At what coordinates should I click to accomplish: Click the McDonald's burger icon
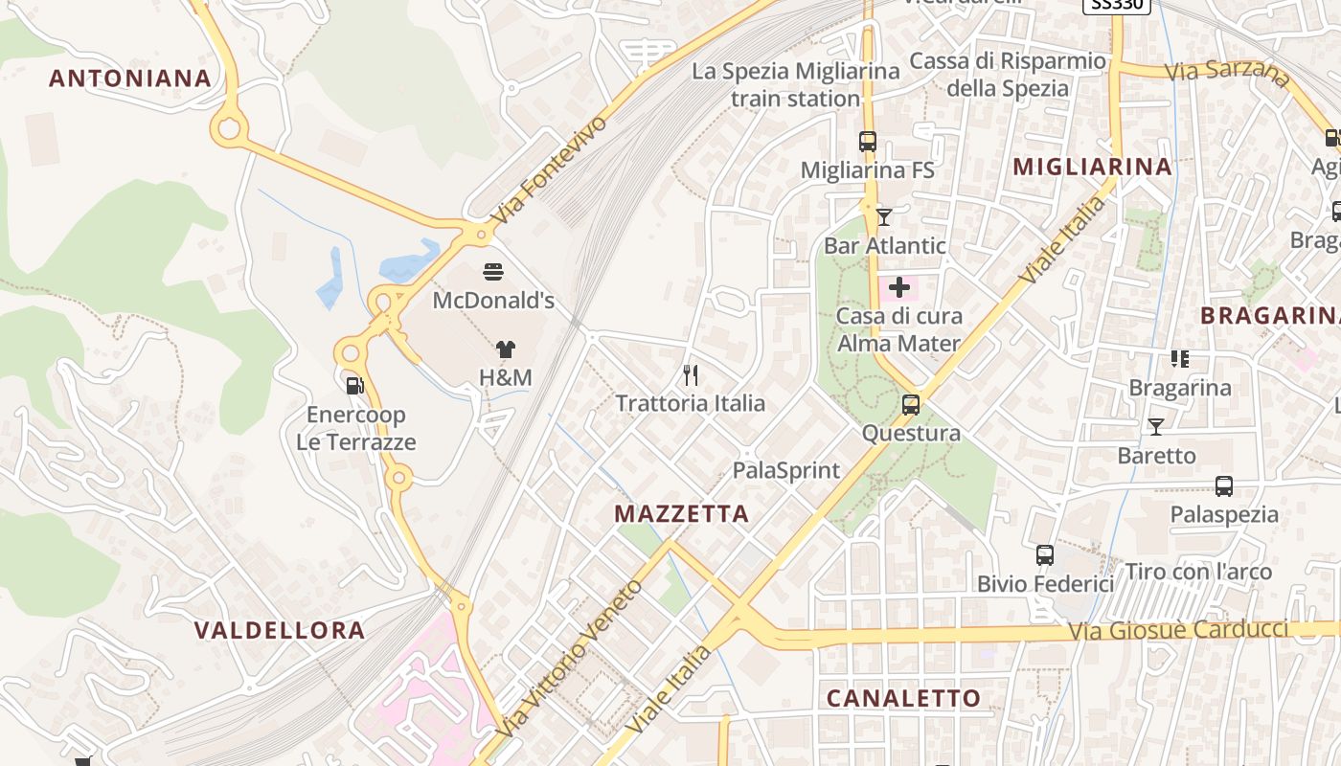(493, 272)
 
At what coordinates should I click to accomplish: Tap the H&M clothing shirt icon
(505, 350)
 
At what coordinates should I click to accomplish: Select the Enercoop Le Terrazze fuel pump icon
(354, 386)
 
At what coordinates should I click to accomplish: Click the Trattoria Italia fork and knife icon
(691, 374)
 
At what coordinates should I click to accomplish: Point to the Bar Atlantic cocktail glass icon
(883, 217)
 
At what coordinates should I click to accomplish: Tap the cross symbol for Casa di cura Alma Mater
(899, 286)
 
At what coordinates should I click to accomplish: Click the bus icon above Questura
(911, 405)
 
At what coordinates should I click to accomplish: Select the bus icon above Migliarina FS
(868, 142)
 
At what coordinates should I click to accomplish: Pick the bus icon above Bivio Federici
(1045, 555)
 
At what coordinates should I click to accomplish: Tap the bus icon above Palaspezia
(1224, 486)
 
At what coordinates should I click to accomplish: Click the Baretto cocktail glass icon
(1156, 427)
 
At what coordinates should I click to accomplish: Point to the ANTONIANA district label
(130, 79)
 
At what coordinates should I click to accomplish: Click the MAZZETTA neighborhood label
(681, 514)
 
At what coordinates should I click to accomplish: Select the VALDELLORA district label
(280, 630)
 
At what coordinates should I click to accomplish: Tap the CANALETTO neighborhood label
(903, 698)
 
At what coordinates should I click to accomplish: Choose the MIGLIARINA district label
(1092, 167)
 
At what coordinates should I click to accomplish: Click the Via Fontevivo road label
(549, 171)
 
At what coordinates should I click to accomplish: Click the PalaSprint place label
(785, 470)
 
